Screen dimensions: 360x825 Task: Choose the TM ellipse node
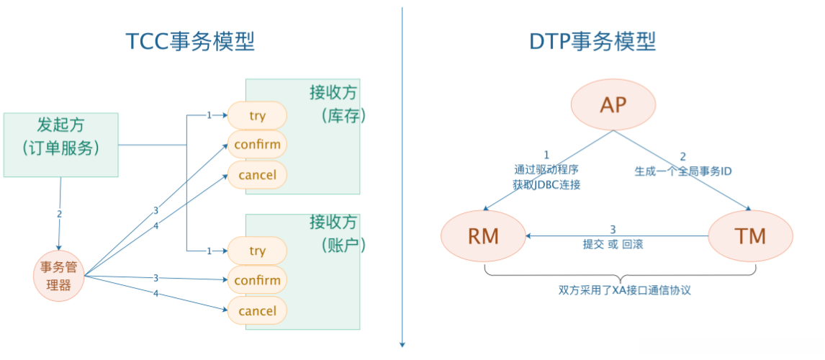click(750, 235)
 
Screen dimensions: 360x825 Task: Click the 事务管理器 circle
click(59, 276)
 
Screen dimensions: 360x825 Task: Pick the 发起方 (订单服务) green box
click(60, 145)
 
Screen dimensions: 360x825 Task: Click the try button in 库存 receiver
click(257, 115)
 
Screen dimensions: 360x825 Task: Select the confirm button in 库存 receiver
click(257, 145)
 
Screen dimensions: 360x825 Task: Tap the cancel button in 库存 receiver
click(257, 175)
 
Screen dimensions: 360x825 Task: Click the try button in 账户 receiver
click(257, 251)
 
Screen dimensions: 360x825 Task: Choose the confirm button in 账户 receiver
click(257, 280)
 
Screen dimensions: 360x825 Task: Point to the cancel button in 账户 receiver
click(257, 311)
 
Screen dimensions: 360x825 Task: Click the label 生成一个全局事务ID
click(683, 171)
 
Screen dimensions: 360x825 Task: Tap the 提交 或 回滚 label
click(613, 244)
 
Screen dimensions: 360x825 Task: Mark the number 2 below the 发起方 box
click(59, 214)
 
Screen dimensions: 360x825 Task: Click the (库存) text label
click(341, 115)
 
